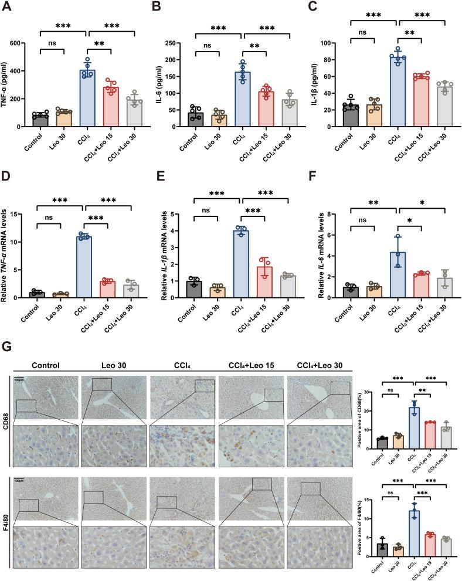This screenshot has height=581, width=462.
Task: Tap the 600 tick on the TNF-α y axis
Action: point(27,43)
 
